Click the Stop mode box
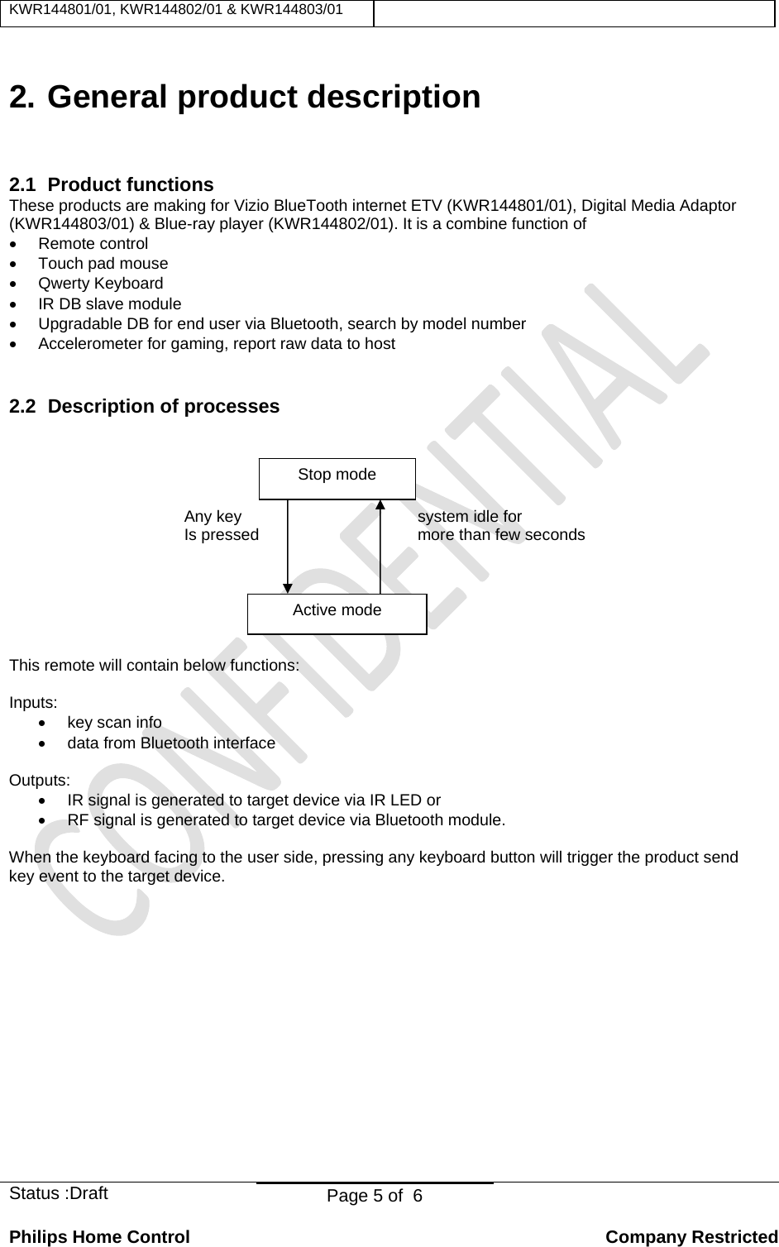point(337,478)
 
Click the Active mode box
point(337,614)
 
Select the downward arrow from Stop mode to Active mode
point(288,547)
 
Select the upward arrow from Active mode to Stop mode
point(380,547)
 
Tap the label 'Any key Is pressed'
point(220,526)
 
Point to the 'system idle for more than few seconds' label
point(500,526)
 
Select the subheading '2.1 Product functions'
point(111,184)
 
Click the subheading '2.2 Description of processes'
point(144,407)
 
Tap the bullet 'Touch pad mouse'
point(103,264)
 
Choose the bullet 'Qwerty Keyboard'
point(101,284)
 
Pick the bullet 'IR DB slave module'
point(109,304)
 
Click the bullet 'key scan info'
point(114,723)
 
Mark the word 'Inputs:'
point(33,703)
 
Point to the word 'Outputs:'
point(39,781)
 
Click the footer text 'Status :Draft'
point(58,1193)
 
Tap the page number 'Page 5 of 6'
point(375,1197)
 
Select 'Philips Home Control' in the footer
point(99,1237)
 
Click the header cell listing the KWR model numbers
point(175,9)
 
